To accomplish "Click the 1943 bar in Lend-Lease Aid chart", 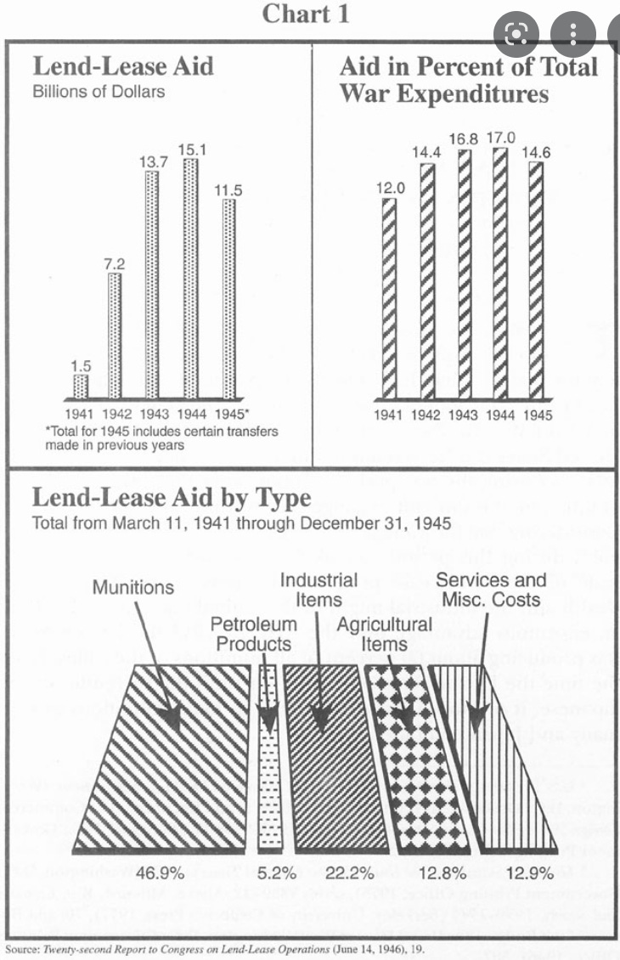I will click(152, 285).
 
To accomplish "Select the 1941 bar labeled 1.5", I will click(81, 387).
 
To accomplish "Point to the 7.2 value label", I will click(115, 264).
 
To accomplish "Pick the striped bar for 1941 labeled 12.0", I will click(389, 297).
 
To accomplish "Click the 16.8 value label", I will click(464, 138).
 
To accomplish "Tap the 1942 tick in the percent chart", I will click(426, 415).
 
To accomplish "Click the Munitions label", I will click(133, 587).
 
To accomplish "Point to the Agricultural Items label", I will click(385, 635).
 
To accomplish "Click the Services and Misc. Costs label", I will click(490, 590).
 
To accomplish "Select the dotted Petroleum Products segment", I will click(268, 756).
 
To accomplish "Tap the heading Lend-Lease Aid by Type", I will click(172, 497).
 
